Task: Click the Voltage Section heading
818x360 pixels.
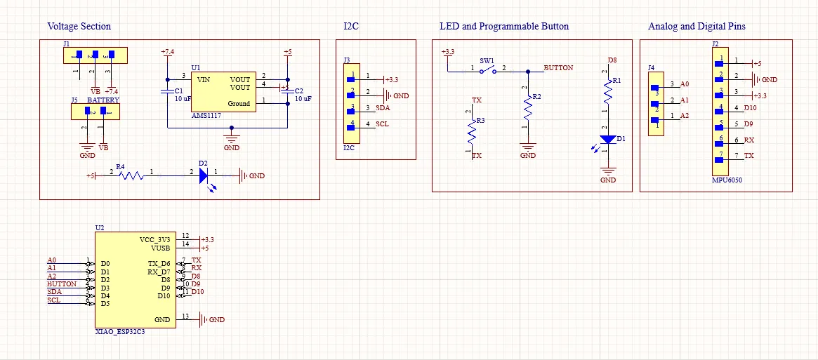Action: [79, 27]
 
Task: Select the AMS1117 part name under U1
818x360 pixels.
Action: [206, 114]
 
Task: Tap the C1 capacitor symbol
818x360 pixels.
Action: [168, 91]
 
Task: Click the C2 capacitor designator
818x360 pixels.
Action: [298, 91]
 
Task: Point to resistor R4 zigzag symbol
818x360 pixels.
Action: [131, 175]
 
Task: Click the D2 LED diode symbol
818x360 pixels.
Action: [204, 175]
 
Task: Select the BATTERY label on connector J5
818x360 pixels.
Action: [103, 100]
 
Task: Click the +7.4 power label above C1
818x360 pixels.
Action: [168, 53]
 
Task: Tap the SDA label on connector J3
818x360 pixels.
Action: [383, 108]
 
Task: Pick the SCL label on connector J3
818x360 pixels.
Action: [382, 124]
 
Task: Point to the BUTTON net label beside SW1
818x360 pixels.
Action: [558, 68]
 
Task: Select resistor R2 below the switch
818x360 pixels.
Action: [528, 108]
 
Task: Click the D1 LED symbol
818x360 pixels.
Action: [608, 140]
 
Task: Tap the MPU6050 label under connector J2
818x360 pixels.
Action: [727, 180]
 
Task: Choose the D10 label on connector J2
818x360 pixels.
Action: [751, 108]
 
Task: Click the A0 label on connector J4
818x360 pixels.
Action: [685, 84]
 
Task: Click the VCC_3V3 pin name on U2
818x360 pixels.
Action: [154, 239]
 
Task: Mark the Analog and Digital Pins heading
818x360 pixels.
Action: [697, 27]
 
